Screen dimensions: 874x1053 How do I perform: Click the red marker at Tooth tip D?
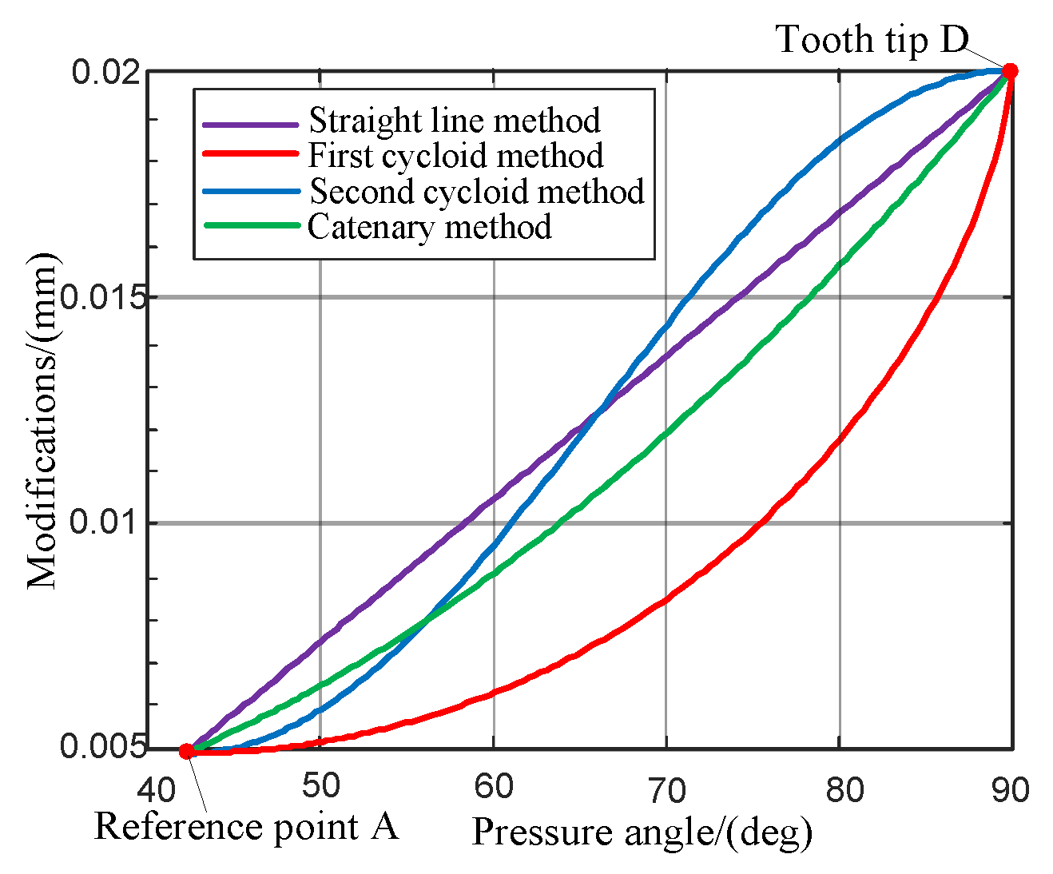click(x=1010, y=71)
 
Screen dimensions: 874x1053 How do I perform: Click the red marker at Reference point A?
click(x=186, y=751)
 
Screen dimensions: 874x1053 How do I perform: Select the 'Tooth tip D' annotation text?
click(x=872, y=40)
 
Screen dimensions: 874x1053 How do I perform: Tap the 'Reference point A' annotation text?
click(x=246, y=826)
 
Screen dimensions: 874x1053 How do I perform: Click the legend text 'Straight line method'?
click(x=455, y=121)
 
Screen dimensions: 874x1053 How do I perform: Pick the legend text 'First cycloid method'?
click(x=455, y=156)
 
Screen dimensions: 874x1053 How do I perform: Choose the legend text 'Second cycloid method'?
click(x=476, y=192)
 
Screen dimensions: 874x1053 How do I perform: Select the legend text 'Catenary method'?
click(x=430, y=227)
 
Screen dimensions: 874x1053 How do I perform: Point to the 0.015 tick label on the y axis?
click(x=104, y=297)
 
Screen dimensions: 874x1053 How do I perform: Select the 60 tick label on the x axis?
click(x=493, y=788)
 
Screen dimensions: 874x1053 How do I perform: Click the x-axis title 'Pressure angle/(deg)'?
click(x=642, y=832)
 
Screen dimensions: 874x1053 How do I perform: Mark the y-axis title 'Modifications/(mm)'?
click(x=43, y=420)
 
